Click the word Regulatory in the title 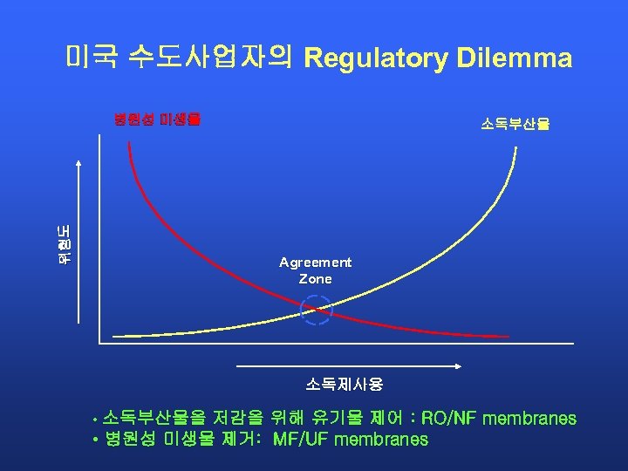tap(375, 58)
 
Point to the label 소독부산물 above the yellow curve tap(515, 124)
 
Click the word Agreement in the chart tap(316, 262)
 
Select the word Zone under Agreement tap(316, 279)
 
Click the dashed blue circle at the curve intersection tap(317, 310)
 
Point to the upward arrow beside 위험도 tap(79, 244)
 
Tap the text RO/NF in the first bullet tap(449, 419)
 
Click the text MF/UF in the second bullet tap(302, 440)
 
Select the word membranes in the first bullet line tap(530, 419)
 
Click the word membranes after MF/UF tap(382, 440)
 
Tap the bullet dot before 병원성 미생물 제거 tap(94, 440)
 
